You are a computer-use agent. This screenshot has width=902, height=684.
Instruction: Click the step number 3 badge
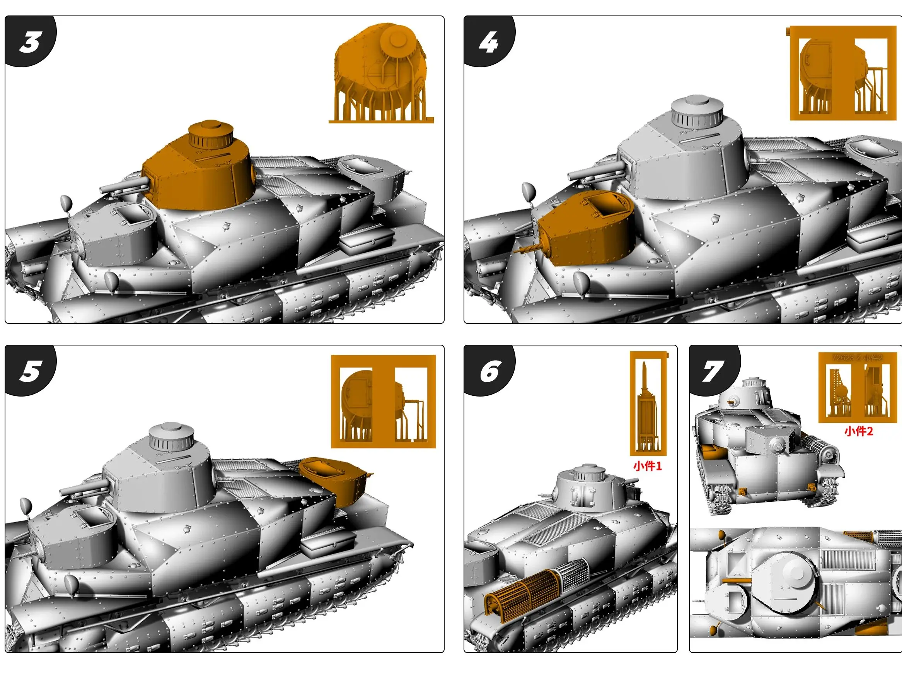coord(29,42)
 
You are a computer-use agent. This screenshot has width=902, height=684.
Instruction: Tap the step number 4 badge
coord(489,42)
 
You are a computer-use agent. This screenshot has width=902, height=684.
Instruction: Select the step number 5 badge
coord(29,371)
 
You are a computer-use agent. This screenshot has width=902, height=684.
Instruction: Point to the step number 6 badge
coord(489,371)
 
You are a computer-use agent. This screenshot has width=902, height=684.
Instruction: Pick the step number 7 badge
coord(713,371)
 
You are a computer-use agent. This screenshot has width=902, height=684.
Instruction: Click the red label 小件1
coord(648,466)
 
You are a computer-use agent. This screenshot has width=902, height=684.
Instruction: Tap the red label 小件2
coord(859,431)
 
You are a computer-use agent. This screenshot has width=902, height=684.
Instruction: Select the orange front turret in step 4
coord(587,229)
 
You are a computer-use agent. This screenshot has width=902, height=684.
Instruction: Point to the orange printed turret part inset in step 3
coord(381,74)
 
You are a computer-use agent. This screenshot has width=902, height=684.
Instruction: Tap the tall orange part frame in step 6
coord(648,404)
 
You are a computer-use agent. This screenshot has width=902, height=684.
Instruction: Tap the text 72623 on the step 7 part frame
coord(842,357)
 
